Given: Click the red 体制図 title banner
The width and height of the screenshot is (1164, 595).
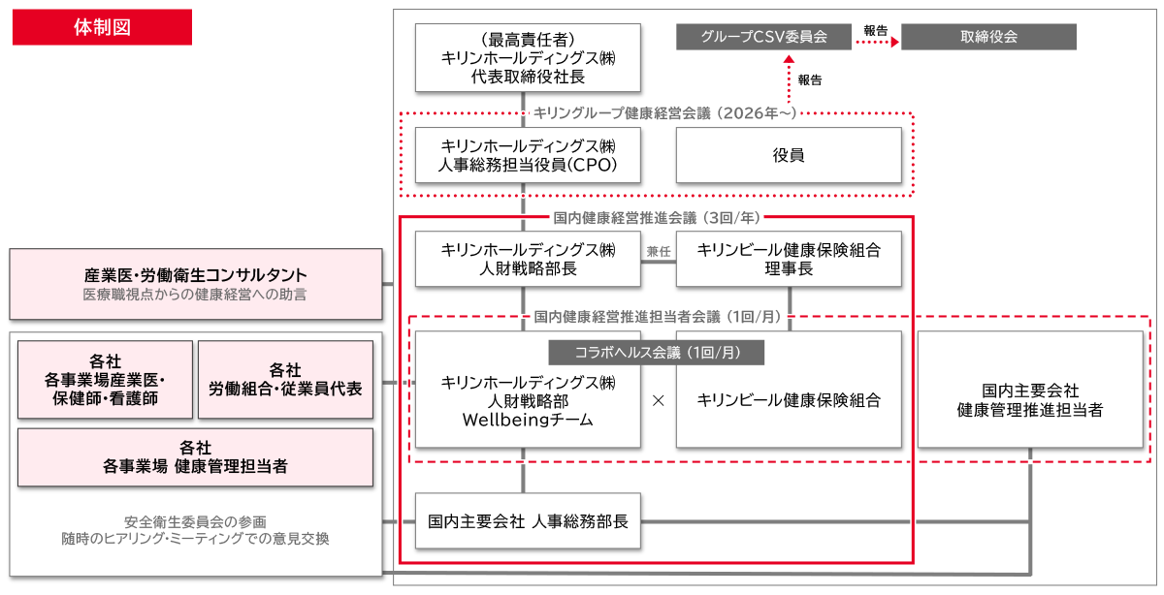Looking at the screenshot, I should pyautogui.click(x=102, y=27).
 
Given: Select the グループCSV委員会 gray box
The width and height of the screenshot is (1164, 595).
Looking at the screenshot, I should pyautogui.click(x=763, y=37).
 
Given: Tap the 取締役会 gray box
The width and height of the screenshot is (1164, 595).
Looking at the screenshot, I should pyautogui.click(x=988, y=37).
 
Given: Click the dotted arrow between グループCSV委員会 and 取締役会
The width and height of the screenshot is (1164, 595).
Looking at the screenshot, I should pyautogui.click(x=876, y=43).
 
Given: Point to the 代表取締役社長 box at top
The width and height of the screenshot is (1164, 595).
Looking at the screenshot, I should pyautogui.click(x=528, y=58).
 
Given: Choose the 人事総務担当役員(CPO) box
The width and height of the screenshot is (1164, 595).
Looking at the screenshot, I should pyautogui.click(x=528, y=155).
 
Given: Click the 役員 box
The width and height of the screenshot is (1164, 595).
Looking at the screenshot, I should pyautogui.click(x=789, y=155).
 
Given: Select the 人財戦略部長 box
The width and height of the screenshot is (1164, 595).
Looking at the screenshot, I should pyautogui.click(x=528, y=259).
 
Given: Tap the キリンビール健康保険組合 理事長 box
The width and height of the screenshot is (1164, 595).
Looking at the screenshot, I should pyautogui.click(x=789, y=259).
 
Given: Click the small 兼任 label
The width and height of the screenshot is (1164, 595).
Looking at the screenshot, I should pyautogui.click(x=659, y=250).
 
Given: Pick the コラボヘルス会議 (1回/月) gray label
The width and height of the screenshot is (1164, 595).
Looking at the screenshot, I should pyautogui.click(x=657, y=353).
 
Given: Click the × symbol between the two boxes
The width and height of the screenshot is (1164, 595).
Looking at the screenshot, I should pyautogui.click(x=658, y=400).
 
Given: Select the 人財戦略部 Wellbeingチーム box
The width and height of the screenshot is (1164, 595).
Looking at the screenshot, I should pyautogui.click(x=528, y=400).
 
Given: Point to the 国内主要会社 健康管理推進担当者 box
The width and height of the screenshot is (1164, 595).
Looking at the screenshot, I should pyautogui.click(x=1029, y=399).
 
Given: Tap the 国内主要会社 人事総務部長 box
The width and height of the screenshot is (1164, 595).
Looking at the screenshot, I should pyautogui.click(x=528, y=521).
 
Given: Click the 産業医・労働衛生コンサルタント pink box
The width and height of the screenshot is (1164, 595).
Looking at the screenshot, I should pyautogui.click(x=195, y=284).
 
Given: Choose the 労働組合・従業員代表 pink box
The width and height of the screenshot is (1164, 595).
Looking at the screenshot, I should pyautogui.click(x=285, y=379).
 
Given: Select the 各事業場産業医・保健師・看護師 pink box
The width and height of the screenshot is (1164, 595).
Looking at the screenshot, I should pyautogui.click(x=105, y=379).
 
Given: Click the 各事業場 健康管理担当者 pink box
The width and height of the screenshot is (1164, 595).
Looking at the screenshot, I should pyautogui.click(x=195, y=456).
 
